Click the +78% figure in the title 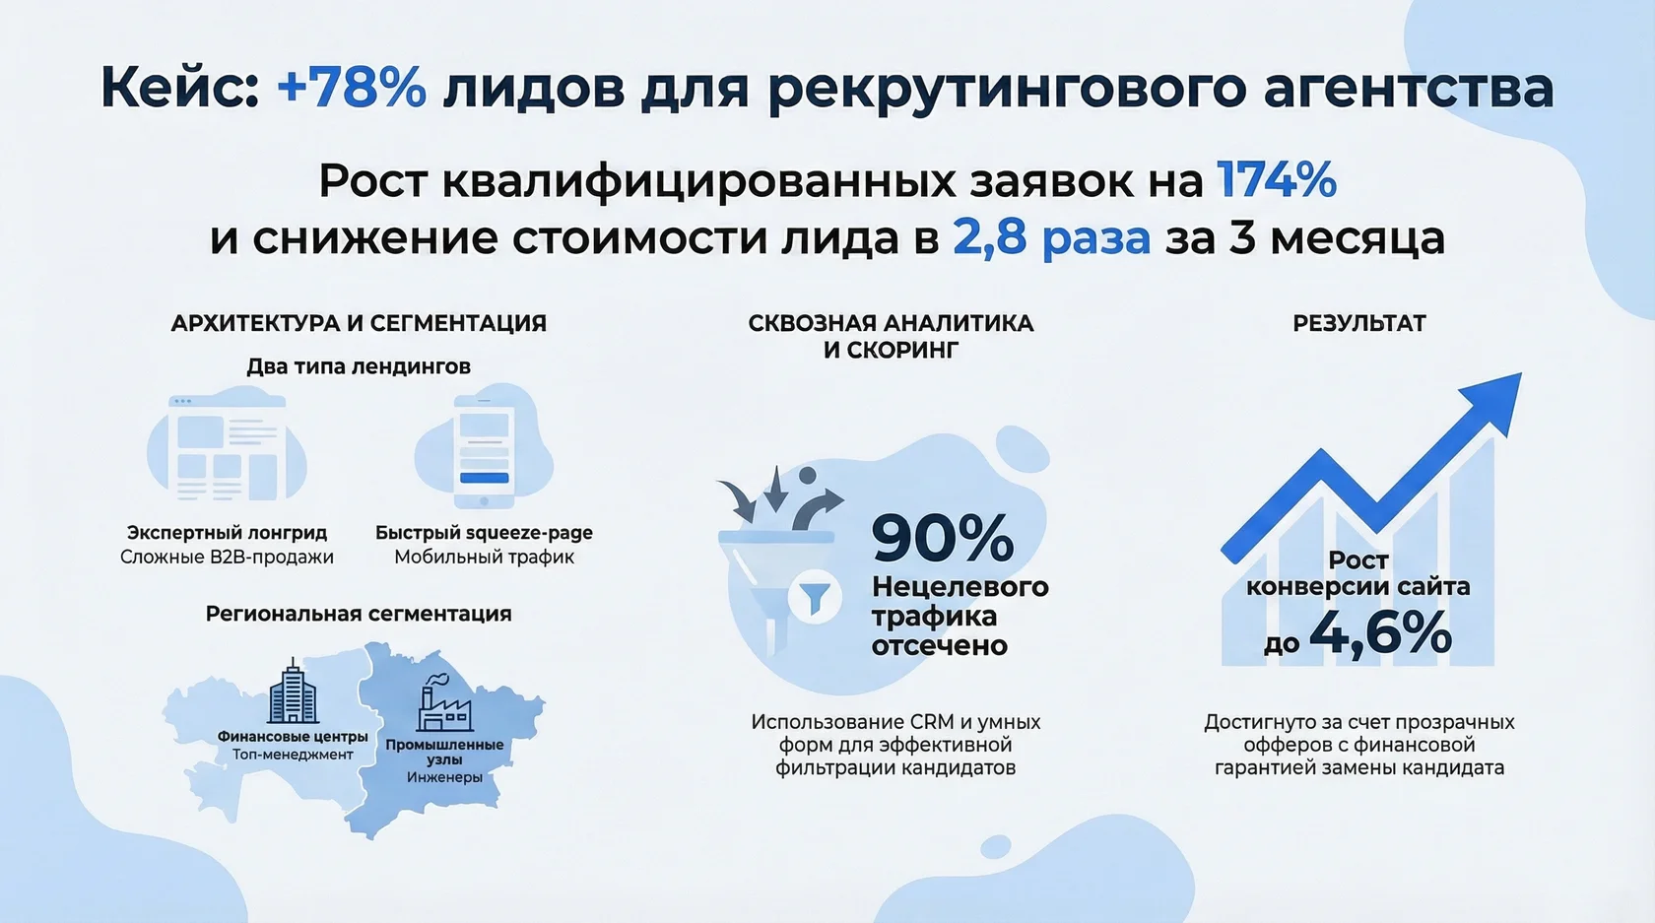coord(352,88)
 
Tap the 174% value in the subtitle coord(1277,180)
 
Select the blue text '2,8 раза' coord(1051,238)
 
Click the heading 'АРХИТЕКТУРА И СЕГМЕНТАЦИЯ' coord(359,323)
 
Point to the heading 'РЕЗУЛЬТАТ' coord(1358,323)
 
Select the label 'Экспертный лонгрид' coord(227,532)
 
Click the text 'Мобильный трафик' coord(484,558)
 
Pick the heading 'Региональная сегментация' coord(359,614)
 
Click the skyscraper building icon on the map coord(293,692)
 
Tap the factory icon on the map coord(444,702)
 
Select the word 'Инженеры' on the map coord(444,777)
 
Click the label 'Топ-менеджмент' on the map coord(293,755)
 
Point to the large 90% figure coord(942,538)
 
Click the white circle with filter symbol coord(815,597)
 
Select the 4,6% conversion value coord(1379,633)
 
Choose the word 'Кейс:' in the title coord(179,88)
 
